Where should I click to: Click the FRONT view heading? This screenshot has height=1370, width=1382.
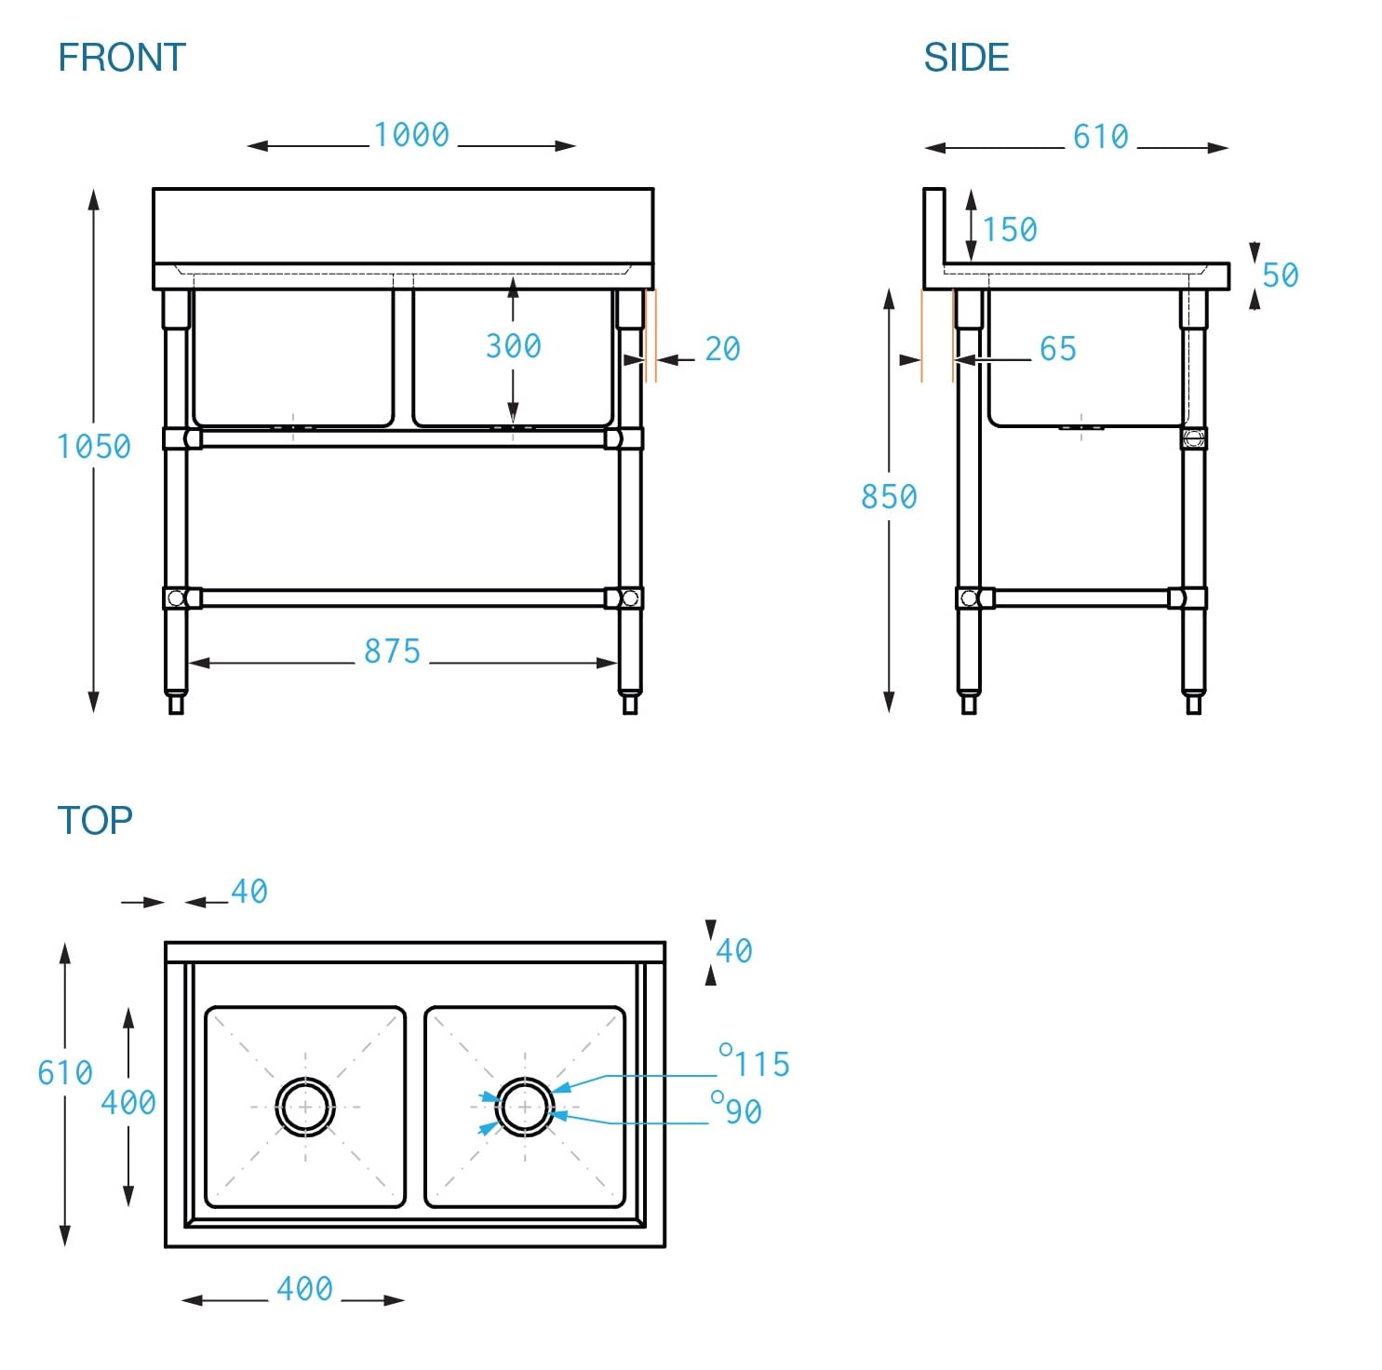pos(122,58)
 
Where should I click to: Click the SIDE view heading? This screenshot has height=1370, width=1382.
pos(965,58)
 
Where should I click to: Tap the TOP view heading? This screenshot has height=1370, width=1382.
pos(94,820)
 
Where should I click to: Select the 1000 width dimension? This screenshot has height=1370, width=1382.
pos(411,135)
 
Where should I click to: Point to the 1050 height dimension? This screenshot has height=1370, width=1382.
pos(93,447)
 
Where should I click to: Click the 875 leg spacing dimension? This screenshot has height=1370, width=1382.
pos(392,651)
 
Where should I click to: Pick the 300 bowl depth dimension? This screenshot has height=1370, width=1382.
pos(513,346)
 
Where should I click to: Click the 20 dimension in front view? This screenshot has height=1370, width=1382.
pos(722,349)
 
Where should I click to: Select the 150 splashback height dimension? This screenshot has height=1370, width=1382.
pos(1010,229)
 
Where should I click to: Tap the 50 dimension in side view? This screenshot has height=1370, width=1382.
pos(1280,275)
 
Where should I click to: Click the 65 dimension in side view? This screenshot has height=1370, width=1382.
pos(1057,349)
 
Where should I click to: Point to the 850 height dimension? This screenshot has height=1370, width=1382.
pos(888,497)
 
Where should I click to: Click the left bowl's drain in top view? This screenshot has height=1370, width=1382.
pos(305,1107)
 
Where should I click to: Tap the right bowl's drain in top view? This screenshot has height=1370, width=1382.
pos(525,1107)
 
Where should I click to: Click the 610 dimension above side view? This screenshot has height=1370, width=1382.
pos(1100,137)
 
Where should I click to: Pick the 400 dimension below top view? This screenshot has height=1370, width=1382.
pos(304,1289)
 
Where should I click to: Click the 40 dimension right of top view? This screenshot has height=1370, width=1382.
pos(733,951)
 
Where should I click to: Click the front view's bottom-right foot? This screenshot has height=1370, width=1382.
pos(630,704)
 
